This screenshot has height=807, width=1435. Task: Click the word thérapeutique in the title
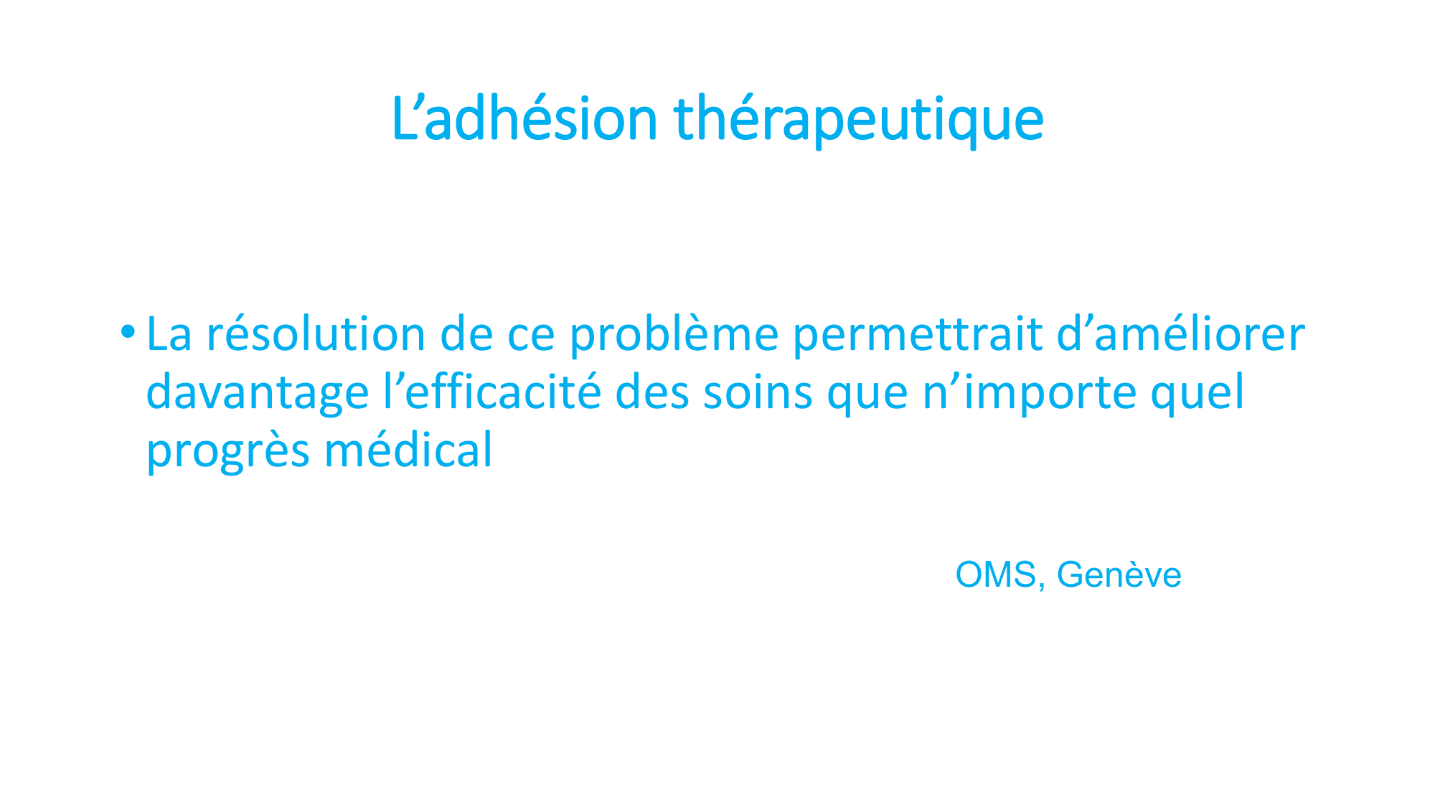859,120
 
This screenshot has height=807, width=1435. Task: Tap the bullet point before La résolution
128,331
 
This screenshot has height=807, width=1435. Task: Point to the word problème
674,336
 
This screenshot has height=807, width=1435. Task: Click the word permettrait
918,336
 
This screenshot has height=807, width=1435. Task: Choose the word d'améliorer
1181,334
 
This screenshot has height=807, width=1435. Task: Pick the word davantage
258,394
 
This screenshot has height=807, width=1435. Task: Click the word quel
1198,394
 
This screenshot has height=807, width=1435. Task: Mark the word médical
408,449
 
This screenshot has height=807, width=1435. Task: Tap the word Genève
1119,575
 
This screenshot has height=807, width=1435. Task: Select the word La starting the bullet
169,334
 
